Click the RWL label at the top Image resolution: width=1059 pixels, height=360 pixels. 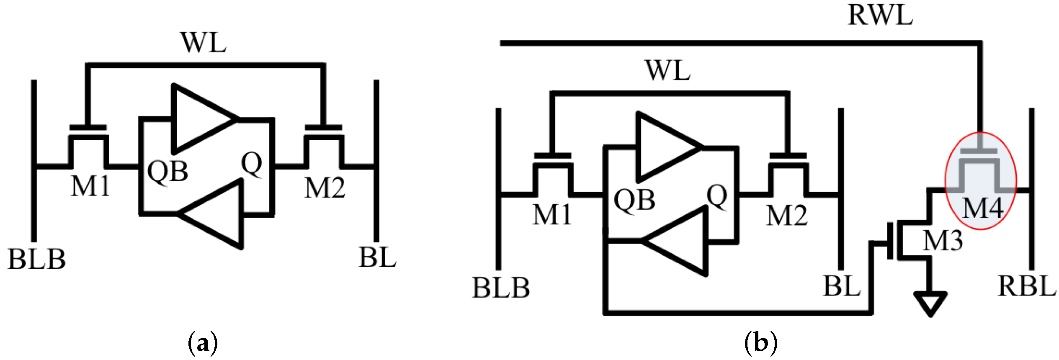tap(880, 15)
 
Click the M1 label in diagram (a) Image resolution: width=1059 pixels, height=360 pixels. tap(90, 186)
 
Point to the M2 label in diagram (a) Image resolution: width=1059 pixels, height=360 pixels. tap(325, 188)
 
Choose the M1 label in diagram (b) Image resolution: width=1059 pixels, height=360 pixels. tap(552, 215)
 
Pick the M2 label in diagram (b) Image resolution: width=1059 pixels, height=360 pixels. tap(787, 216)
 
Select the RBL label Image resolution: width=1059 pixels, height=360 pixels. tap(1027, 286)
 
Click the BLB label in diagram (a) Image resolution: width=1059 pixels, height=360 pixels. tap(37, 259)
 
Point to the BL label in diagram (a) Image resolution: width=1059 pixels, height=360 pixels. tap(377, 257)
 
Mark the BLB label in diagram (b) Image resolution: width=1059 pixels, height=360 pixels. tap(501, 288)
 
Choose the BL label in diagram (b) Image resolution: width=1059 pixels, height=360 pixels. tap(842, 287)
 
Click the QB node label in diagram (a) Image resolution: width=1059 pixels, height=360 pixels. tap(167, 172)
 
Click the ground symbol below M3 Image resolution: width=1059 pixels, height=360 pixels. tap(930, 303)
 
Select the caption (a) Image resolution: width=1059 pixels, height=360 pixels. tap(203, 342)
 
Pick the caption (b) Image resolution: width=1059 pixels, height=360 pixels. tap(760, 342)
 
